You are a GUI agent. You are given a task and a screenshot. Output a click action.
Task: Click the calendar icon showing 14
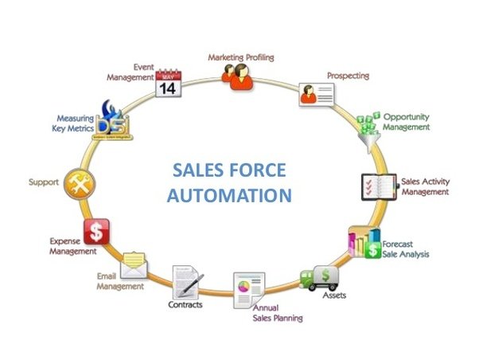pyautogui.click(x=168, y=80)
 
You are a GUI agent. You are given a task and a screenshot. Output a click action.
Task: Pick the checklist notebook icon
pyautogui.click(x=379, y=187)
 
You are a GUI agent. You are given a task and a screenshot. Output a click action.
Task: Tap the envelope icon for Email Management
pyautogui.click(x=135, y=266)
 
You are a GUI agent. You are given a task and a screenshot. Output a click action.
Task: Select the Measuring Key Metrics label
pyautogui.click(x=70, y=123)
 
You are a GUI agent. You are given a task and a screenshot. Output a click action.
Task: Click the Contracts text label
pyautogui.click(x=185, y=304)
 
